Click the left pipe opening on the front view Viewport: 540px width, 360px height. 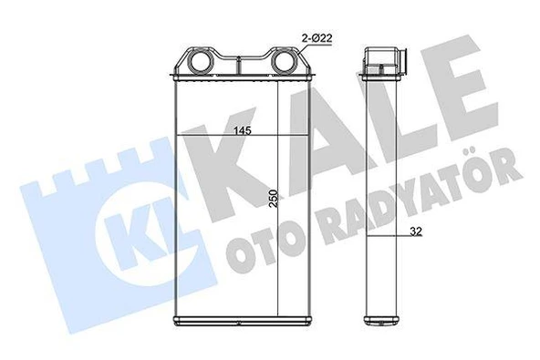tap(198, 65)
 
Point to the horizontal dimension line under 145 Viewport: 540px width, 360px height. tap(228, 138)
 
